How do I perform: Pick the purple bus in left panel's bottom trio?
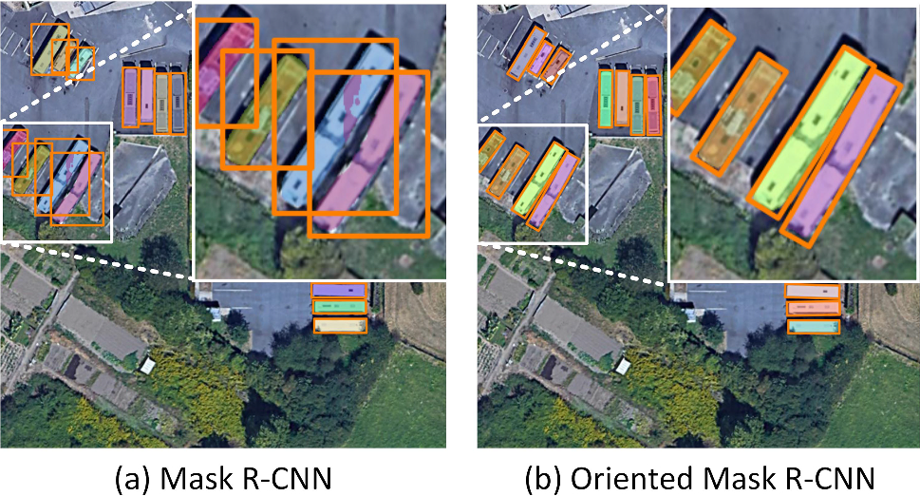tap(340, 290)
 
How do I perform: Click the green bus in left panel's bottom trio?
tap(340, 307)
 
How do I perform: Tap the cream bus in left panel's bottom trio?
tap(340, 325)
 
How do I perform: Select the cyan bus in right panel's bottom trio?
tap(814, 326)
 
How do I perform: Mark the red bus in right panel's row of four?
tap(653, 98)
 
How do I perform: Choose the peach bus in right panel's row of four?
tap(622, 98)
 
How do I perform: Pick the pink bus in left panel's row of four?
tap(147, 97)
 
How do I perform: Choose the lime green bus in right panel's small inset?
tap(537, 180)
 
